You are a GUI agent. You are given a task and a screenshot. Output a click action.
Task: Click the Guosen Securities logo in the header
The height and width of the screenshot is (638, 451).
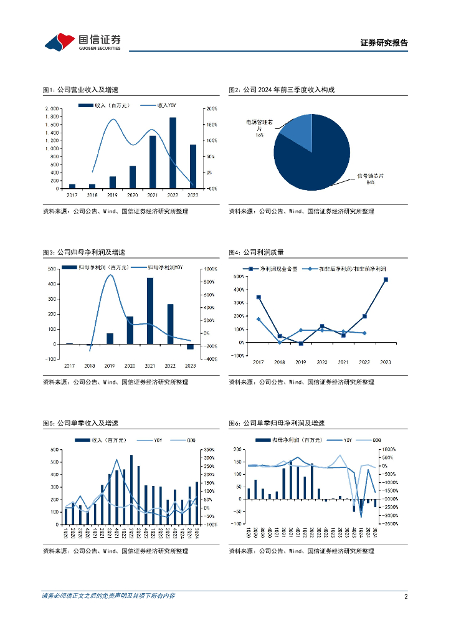click(82, 42)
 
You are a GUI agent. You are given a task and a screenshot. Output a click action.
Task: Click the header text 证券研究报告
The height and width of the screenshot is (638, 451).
click(384, 43)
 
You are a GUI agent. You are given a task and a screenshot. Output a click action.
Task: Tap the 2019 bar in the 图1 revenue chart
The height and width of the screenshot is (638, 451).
click(113, 182)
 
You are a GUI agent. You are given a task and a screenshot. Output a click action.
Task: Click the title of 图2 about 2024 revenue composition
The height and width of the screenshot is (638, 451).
click(282, 90)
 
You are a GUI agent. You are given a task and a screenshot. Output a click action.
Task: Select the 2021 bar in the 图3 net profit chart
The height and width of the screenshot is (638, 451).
click(150, 310)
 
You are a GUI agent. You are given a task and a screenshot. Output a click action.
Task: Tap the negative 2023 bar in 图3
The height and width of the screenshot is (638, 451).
click(190, 346)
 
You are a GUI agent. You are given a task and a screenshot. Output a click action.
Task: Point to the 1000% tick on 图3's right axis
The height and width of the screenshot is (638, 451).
click(207, 269)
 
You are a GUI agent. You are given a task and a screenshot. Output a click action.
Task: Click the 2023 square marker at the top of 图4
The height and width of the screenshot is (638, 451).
click(386, 280)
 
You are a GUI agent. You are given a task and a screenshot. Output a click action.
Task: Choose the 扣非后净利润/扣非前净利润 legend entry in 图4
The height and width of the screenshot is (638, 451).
click(348, 269)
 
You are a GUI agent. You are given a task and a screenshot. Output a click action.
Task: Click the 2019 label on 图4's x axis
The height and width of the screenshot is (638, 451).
click(301, 361)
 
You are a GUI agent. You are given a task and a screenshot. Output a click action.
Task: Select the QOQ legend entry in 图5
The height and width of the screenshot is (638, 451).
click(180, 440)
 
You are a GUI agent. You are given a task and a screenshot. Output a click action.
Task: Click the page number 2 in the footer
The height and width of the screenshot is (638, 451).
click(406, 596)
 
